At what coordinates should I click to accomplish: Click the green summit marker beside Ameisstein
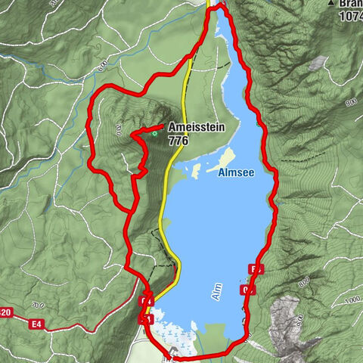tap(155, 134)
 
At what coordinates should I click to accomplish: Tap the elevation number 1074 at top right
tap(350, 15)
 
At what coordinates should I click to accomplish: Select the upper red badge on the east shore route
tap(256, 269)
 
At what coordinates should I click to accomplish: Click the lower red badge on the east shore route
tap(248, 290)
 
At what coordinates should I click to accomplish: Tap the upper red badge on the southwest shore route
tap(147, 302)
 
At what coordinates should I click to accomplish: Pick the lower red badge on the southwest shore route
tap(147, 320)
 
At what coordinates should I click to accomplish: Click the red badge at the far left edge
tap(5, 312)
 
